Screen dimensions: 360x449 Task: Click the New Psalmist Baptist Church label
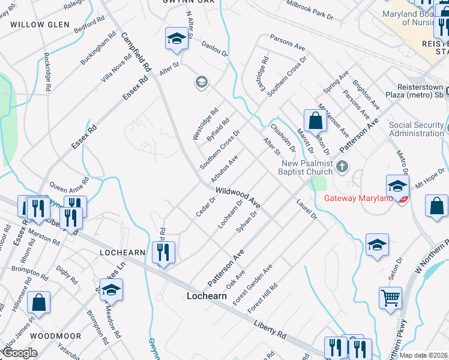tap(298, 167)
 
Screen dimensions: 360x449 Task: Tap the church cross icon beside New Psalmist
tap(342, 166)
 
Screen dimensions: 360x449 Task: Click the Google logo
tap(20, 353)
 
